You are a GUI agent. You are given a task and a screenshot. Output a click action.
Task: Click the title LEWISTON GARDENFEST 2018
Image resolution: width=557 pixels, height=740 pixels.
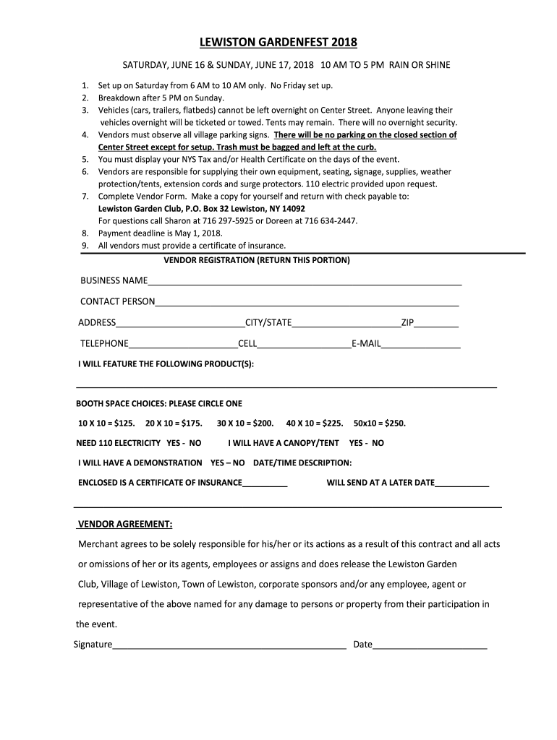[278, 42]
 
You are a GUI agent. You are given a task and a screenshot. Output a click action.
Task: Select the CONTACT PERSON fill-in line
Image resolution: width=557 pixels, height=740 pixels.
[307, 302]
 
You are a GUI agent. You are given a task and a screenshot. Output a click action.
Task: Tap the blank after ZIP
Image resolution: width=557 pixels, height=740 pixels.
[436, 323]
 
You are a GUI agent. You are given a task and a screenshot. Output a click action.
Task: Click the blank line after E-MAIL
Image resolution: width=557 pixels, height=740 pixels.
[420, 344]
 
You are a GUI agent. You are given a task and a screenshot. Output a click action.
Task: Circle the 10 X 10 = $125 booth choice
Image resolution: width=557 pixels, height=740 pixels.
[106, 423]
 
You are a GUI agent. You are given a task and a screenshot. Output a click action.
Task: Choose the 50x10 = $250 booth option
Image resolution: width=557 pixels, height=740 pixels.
[380, 423]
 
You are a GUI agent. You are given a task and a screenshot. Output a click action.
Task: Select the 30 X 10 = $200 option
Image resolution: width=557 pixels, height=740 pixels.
[245, 423]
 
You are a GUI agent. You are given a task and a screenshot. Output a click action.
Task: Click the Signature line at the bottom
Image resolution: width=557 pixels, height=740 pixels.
[229, 645]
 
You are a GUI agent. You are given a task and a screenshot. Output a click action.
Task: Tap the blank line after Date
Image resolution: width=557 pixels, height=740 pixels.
[430, 645]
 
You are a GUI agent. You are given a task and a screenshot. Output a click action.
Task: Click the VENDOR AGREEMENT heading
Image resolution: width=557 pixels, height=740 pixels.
[124, 524]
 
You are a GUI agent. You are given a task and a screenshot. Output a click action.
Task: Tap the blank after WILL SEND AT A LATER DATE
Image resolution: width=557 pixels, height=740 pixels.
[462, 483]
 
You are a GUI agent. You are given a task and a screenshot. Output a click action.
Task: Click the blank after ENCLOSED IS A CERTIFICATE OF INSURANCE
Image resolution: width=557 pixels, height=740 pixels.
[265, 483]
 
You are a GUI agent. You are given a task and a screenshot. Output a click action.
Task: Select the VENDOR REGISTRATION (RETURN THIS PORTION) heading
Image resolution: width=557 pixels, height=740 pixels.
[257, 259]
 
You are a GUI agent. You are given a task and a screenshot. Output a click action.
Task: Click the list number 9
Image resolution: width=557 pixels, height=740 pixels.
[85, 246]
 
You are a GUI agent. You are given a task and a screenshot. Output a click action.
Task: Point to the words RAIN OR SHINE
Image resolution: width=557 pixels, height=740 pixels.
[420, 65]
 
